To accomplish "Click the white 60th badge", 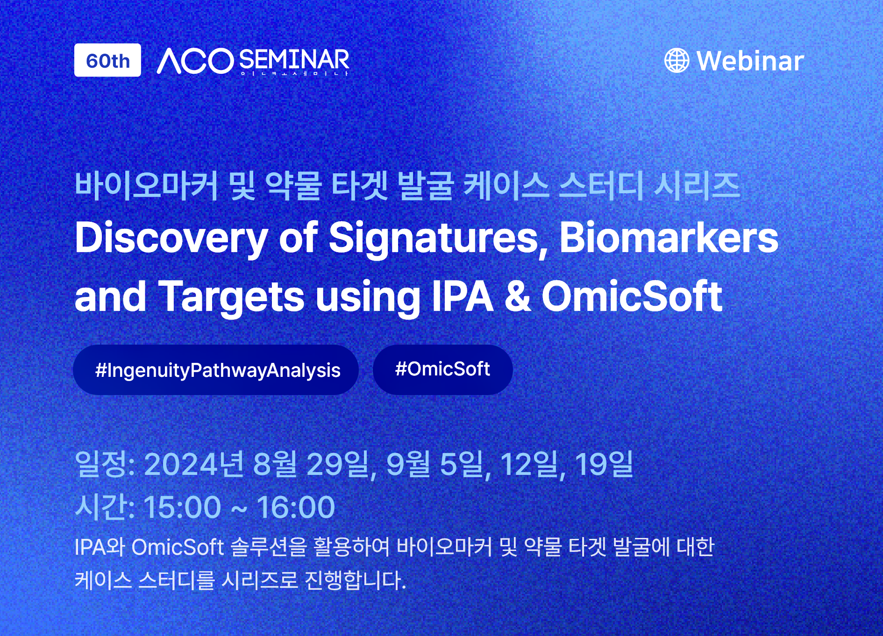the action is click(x=107, y=60).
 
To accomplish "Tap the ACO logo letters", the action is click(x=195, y=61).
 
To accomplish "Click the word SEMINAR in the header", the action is click(x=294, y=59).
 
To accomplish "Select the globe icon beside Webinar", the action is click(x=676, y=61).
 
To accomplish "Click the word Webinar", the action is click(x=750, y=61).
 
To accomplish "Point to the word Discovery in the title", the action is click(x=171, y=238).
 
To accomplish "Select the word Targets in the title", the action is click(x=231, y=297).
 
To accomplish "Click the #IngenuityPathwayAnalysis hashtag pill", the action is click(x=216, y=370).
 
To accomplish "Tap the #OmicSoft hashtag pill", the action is click(x=442, y=369).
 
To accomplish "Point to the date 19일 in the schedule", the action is click(x=604, y=465).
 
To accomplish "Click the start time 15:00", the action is click(x=182, y=507).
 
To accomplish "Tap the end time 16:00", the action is click(x=296, y=507).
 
